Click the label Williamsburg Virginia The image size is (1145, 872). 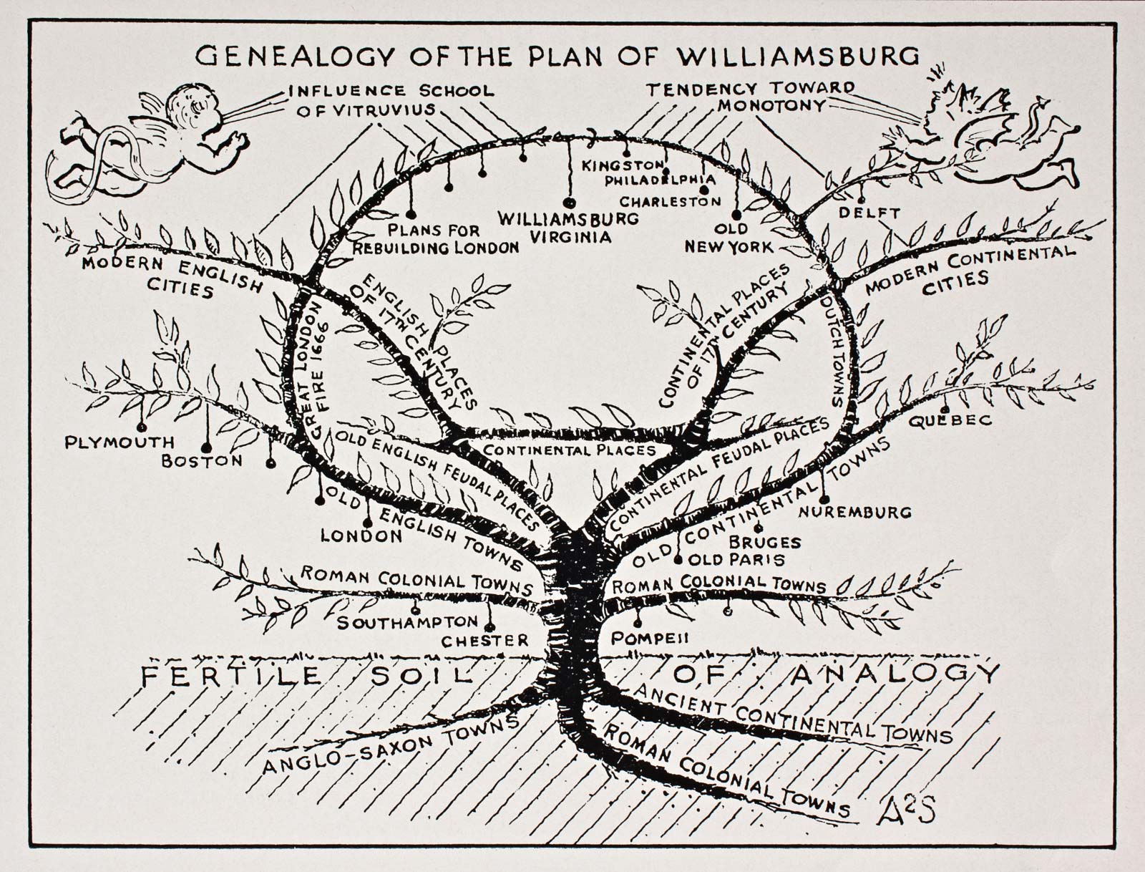click(x=568, y=227)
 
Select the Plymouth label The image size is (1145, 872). click(x=120, y=442)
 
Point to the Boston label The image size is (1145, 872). click(x=202, y=461)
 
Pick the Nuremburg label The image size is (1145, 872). click(x=854, y=512)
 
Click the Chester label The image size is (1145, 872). click(x=484, y=640)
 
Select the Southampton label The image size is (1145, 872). click(x=406, y=622)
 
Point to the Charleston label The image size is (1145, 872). click(x=671, y=202)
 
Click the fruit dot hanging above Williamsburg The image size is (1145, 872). click(x=570, y=203)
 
